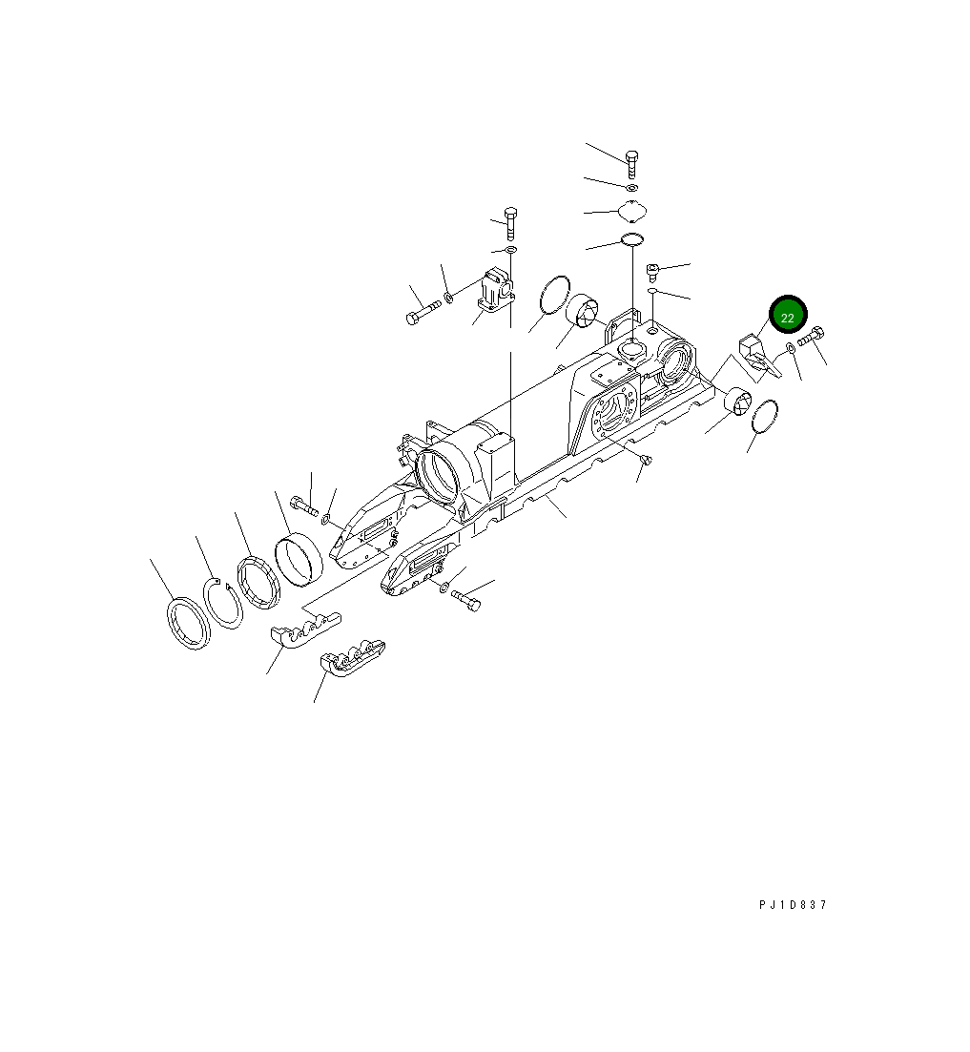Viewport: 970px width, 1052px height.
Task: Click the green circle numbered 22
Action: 788,318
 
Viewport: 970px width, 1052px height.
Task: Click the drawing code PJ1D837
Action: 793,905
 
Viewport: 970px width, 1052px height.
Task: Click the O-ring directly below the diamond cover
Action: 631,238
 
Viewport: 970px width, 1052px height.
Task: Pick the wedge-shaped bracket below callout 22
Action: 760,354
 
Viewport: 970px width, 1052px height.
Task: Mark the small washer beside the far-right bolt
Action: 792,348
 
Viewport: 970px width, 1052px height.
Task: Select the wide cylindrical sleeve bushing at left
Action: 299,559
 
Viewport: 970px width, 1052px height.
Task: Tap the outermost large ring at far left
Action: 189,624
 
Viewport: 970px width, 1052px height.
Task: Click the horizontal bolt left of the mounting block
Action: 423,311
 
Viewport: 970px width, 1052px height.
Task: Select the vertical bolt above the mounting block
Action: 509,220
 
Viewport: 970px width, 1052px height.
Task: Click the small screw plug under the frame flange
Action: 646,462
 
